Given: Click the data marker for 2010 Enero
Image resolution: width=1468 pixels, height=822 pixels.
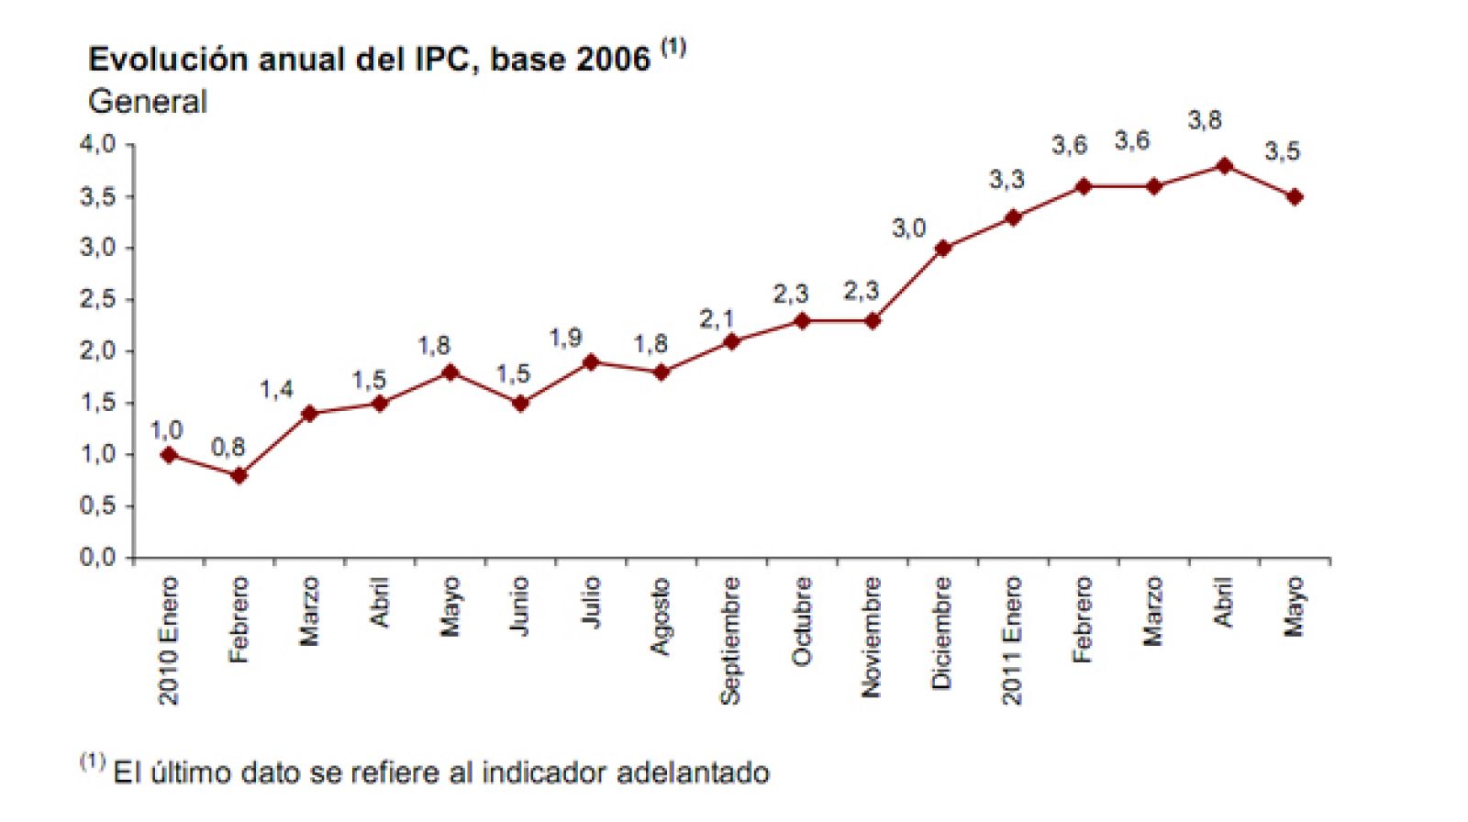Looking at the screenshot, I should click(x=169, y=455).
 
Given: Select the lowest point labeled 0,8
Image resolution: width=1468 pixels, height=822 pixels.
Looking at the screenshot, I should click(x=239, y=475).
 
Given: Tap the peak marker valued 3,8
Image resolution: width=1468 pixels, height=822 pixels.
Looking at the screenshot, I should click(x=1224, y=166).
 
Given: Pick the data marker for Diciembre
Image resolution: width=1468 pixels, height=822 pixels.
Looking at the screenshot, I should click(x=942, y=248).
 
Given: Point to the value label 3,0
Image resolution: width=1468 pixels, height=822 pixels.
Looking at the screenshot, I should click(x=908, y=228).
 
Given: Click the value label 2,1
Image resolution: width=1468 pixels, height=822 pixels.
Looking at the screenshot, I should click(x=717, y=319).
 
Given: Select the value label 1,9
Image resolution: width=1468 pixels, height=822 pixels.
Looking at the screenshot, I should click(x=565, y=338).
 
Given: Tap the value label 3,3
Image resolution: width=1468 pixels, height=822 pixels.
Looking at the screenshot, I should click(x=1006, y=180).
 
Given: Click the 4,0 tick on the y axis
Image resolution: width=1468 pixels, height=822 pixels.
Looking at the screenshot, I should click(x=97, y=144).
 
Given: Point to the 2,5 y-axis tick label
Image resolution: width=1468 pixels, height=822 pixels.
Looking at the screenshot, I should click(x=97, y=299).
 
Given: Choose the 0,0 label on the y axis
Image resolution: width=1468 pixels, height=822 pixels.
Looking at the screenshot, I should click(x=97, y=557).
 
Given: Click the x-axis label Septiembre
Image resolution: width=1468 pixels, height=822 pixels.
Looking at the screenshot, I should click(x=730, y=640).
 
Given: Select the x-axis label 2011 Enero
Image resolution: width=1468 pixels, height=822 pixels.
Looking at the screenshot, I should click(x=1012, y=640).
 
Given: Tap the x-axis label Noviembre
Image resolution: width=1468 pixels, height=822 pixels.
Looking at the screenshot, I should click(x=872, y=637).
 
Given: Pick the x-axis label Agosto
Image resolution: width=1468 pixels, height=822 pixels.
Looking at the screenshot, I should click(x=660, y=616).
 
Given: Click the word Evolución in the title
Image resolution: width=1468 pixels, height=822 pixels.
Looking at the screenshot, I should click(x=168, y=60).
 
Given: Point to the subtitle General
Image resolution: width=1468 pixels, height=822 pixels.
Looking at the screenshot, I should click(x=148, y=102).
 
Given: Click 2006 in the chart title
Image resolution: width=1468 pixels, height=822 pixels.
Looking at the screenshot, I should click(x=613, y=60).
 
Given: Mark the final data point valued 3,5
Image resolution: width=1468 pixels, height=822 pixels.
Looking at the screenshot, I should click(x=1295, y=197).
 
